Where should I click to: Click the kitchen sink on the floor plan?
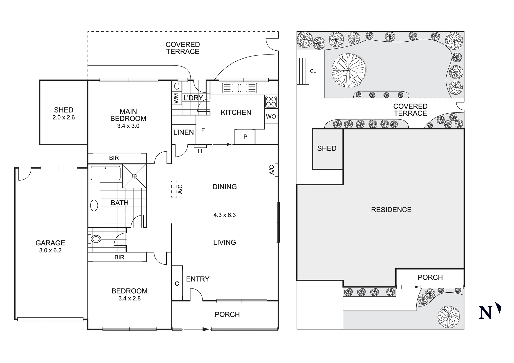coord(240,88)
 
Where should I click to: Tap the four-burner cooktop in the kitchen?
coord(271,101)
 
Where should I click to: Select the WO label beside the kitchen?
coord(271,117)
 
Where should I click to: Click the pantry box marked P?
coord(245,137)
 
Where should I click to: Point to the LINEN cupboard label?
coord(183,132)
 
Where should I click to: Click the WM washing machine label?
coord(176,99)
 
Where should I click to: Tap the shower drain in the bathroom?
coord(134,176)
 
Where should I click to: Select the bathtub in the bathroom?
coord(105,173)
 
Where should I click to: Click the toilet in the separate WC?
coord(95,239)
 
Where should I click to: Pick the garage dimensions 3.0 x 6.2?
coord(50,250)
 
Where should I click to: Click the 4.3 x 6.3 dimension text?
coord(224,215)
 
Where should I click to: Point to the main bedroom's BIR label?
coord(114,158)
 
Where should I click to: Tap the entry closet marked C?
coord(177,284)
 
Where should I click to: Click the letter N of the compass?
coord(485,313)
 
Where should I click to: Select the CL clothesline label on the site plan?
coord(313,71)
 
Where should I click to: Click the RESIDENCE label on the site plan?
coord(391,210)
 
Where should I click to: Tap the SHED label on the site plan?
coord(327,148)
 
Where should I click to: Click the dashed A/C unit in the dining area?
coord(174,189)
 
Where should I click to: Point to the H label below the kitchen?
coord(200,152)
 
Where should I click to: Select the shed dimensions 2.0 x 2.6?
coord(64,117)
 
